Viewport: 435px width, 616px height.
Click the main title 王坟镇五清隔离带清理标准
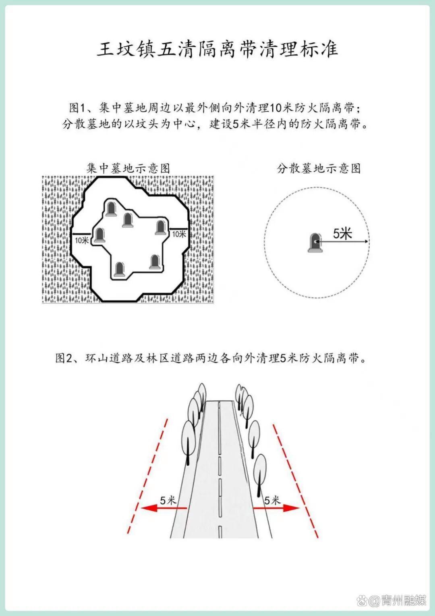click(x=217, y=50)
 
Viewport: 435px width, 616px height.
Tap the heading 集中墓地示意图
click(x=128, y=168)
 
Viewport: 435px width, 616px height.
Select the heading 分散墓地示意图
click(x=319, y=168)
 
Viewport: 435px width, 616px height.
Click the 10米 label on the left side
click(x=82, y=240)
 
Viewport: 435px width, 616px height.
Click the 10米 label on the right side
click(x=179, y=234)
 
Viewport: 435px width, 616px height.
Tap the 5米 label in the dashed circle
click(x=342, y=234)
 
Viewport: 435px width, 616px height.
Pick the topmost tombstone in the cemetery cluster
click(x=111, y=209)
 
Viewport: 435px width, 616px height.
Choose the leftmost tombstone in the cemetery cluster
click(x=99, y=235)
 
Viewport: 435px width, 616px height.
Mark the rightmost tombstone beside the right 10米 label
click(x=160, y=227)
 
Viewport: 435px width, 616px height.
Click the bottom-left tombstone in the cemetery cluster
click(x=119, y=269)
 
